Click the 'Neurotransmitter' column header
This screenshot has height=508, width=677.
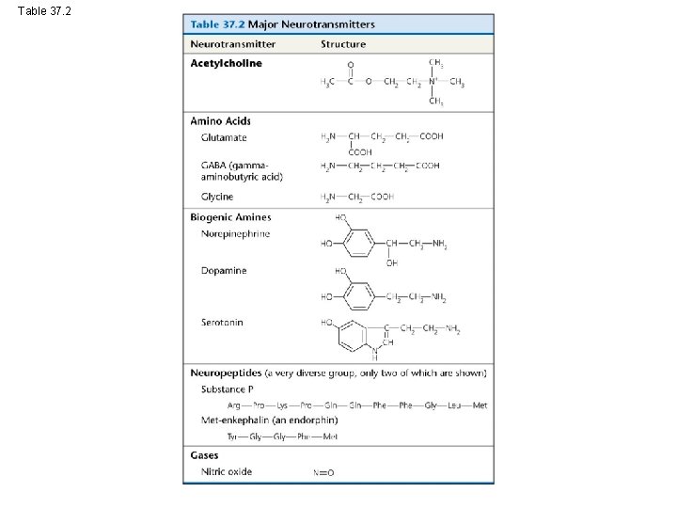coord(232,44)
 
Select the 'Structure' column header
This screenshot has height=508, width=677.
coord(343,44)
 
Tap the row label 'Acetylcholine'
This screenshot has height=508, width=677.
coord(226,64)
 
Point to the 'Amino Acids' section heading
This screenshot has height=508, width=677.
coord(220,120)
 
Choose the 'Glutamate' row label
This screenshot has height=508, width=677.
coord(224,137)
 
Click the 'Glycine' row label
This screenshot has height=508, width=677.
coord(217,196)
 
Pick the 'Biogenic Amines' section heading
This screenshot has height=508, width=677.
coord(230,217)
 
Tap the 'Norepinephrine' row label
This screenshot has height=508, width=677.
coord(235,233)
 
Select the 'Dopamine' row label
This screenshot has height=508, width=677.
coord(224,271)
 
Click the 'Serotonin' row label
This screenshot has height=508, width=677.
coord(222,323)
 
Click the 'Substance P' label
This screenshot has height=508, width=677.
coord(228,389)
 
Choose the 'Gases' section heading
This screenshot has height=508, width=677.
coord(204,455)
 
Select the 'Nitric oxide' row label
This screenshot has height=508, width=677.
coord(227,471)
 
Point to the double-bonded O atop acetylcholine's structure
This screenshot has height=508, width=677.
coord(351,65)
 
